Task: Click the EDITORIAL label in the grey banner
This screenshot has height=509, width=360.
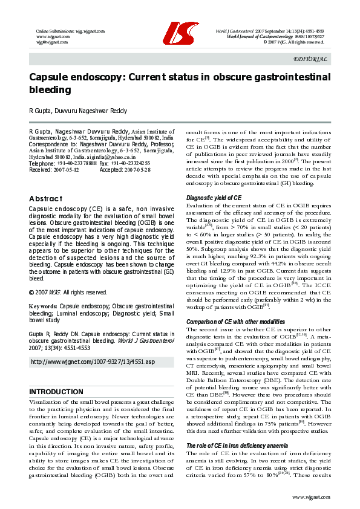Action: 310,59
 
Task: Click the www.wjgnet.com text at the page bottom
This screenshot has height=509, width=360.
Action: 310,496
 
